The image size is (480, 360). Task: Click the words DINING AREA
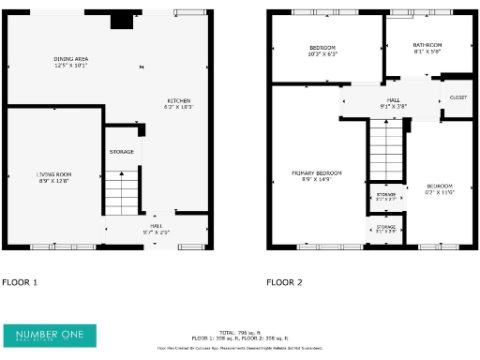(70, 58)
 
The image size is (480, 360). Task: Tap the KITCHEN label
(179, 100)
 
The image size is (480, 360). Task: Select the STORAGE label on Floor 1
(122, 151)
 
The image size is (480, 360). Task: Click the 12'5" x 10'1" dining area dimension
(70, 66)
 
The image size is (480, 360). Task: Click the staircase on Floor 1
(120, 192)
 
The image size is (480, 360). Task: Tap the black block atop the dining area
(121, 21)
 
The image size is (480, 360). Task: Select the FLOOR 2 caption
(285, 281)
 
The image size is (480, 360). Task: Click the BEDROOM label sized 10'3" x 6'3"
(322, 48)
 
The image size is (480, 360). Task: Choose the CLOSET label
(458, 97)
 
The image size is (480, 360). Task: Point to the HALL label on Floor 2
(393, 100)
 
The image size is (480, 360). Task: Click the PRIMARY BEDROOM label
(316, 172)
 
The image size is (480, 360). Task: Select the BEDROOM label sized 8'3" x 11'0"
(439, 186)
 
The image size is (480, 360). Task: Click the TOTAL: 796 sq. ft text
(239, 333)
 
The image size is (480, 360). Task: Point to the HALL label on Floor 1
(156, 226)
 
